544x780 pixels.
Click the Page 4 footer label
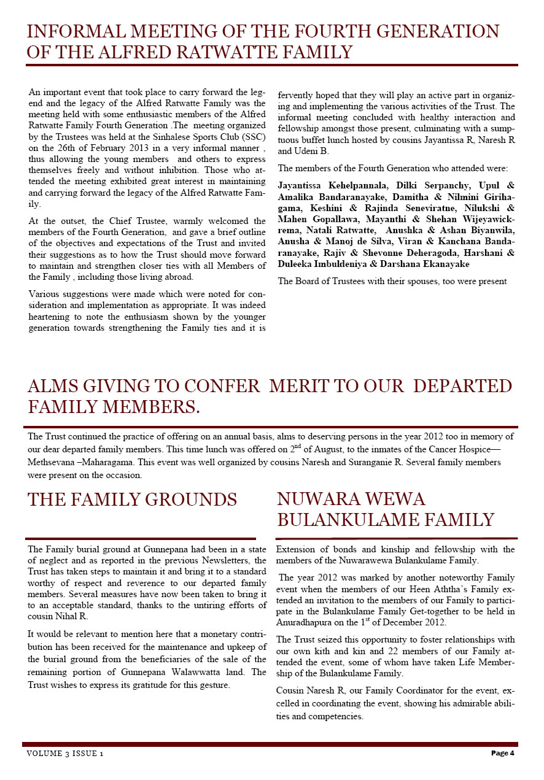coord(502,753)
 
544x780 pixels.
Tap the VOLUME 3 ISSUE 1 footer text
coord(64,754)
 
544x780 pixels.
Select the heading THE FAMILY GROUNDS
coord(132,500)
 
